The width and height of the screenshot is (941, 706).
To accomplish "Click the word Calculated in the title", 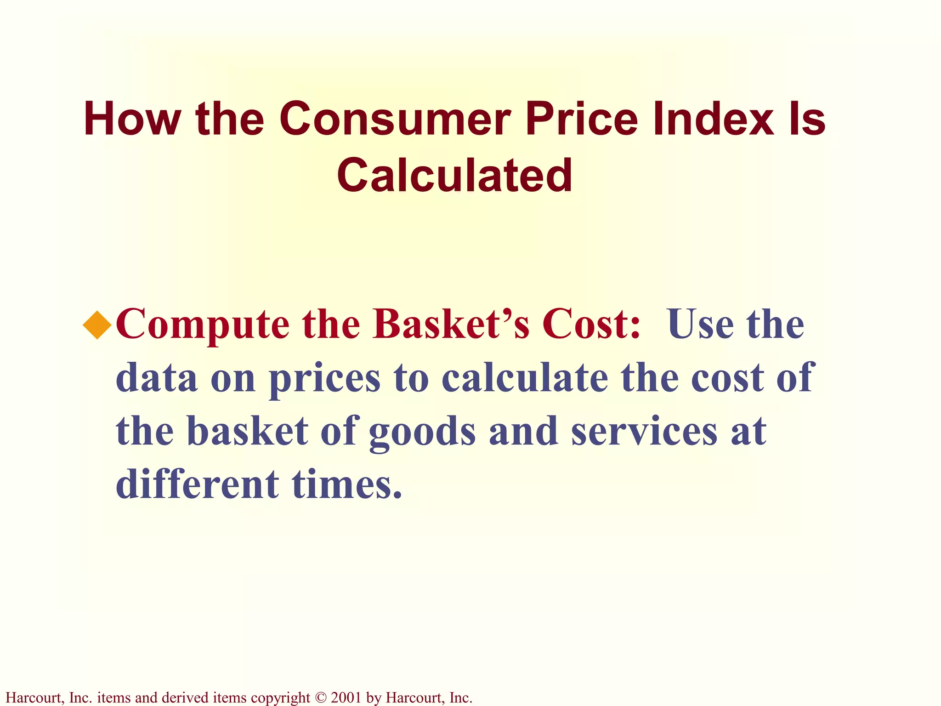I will click(454, 175).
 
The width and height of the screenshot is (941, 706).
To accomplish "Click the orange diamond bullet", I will click(97, 325).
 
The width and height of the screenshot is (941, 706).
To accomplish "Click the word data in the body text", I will click(157, 378).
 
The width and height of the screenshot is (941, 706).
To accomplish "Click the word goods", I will click(422, 433).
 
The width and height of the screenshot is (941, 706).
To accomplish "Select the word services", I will click(644, 432).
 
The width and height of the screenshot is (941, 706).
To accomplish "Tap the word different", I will click(197, 484).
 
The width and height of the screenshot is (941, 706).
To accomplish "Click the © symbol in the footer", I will click(320, 698).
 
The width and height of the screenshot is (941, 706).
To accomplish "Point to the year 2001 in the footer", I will click(346, 698).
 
